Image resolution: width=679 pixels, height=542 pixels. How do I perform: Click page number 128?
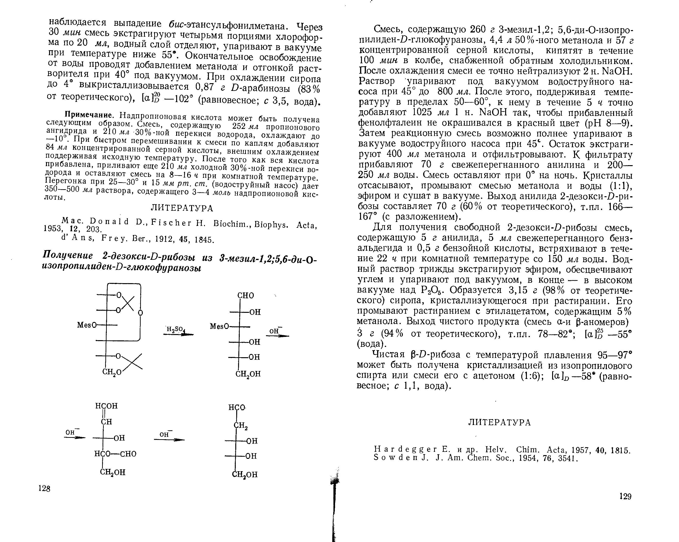[44, 489]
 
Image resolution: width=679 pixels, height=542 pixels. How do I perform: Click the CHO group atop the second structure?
[245, 295]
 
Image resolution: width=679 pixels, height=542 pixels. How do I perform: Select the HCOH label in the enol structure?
[107, 406]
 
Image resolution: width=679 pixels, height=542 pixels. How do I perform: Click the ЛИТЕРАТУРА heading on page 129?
[500, 422]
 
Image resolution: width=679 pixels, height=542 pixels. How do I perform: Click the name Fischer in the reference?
[171, 223]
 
